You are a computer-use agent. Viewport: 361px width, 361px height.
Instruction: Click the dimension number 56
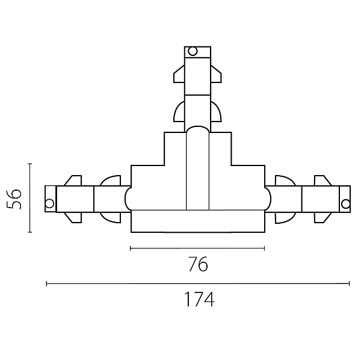coord(14,199)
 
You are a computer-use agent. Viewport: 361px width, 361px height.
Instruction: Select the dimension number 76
coord(198,264)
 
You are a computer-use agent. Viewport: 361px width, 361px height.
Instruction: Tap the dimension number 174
coord(199,299)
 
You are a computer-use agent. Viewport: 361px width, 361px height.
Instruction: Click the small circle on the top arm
coord(193,51)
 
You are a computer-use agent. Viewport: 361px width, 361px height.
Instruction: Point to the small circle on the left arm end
coord(49,203)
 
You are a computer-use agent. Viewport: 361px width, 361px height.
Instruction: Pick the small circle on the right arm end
coord(345,204)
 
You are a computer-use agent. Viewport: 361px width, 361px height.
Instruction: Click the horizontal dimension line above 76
coord(197,248)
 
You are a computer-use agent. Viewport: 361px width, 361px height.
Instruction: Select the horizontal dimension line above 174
coord(198,283)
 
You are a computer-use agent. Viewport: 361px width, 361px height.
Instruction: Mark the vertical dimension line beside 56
coord(30,198)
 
